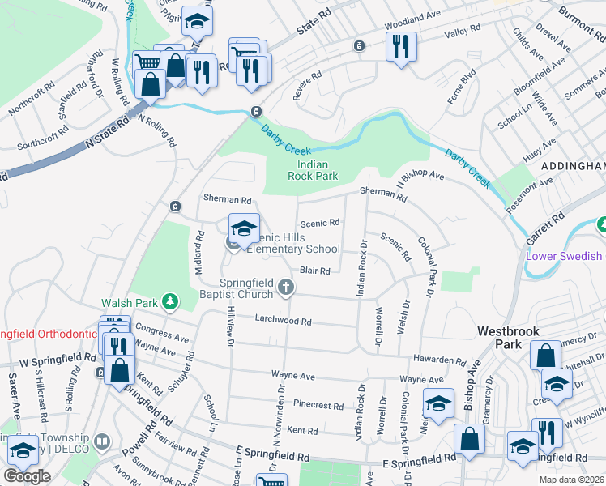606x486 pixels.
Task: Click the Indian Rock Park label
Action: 314,169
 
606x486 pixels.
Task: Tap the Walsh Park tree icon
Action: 169,302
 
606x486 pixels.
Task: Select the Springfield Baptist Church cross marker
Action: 285,286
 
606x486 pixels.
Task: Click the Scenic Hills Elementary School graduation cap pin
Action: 244,228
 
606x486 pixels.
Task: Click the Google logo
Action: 27,476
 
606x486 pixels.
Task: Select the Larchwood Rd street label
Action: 284,321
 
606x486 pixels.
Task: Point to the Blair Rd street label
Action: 315,271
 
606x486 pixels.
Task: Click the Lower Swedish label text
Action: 565,256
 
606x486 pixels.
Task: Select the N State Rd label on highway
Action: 109,134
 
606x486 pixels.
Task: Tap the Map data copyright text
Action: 571,480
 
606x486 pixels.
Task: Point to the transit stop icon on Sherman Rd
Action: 174,207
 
